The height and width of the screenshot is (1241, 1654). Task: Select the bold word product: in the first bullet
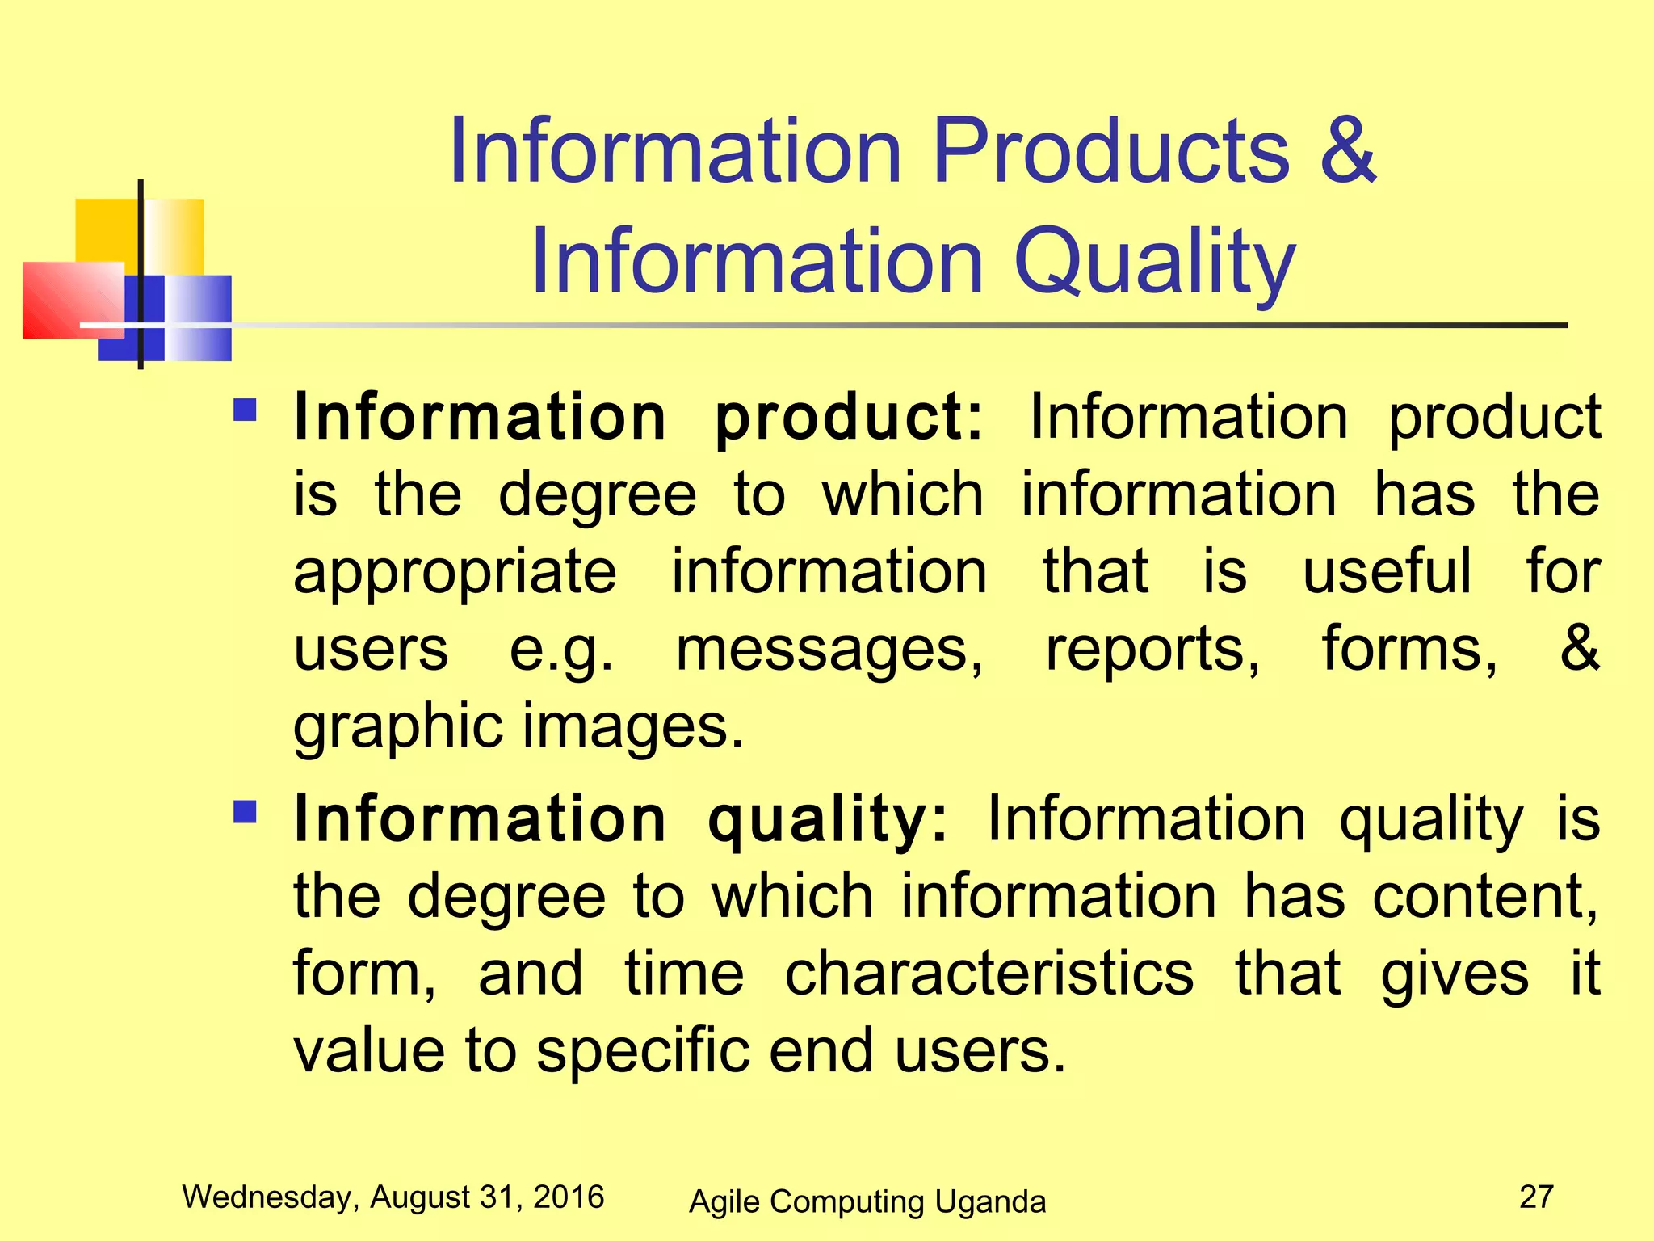[849, 419]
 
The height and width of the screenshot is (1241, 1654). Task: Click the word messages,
[829, 650]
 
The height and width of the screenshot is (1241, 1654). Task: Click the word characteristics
[989, 974]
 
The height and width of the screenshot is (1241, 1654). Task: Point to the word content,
[1485, 897]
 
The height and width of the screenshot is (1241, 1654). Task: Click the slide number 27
[1536, 1197]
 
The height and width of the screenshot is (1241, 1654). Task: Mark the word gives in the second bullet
[1454, 974]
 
